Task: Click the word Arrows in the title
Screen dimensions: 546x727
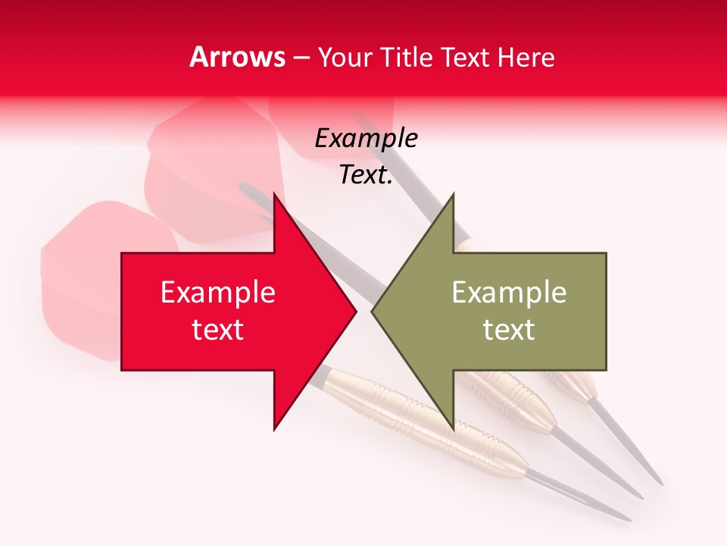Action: (237, 57)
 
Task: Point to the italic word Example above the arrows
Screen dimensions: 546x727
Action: (366, 139)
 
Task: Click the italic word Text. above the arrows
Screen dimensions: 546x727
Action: (366, 175)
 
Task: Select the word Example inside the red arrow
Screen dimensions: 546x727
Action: (217, 293)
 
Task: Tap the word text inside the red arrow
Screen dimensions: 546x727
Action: (217, 330)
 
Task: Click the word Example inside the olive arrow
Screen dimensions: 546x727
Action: (509, 293)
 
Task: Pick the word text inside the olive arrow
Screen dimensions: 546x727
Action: (509, 330)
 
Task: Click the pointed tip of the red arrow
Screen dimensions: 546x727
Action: (355, 311)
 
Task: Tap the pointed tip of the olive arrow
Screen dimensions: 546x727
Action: (372, 311)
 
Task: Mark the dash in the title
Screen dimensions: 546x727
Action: (301, 58)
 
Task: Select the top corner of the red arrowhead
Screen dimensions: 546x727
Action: (274, 194)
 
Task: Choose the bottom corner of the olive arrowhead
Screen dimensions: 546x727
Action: (453, 429)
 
